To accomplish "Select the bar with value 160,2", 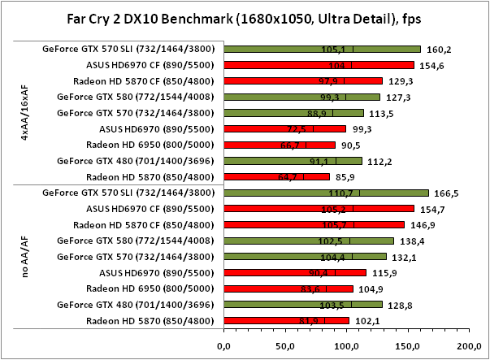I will [x=322, y=49].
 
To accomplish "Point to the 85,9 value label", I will [x=347, y=176].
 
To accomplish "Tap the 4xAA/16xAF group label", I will [x=26, y=113].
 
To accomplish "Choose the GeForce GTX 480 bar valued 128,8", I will [x=303, y=305].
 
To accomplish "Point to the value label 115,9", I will [x=384, y=273].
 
